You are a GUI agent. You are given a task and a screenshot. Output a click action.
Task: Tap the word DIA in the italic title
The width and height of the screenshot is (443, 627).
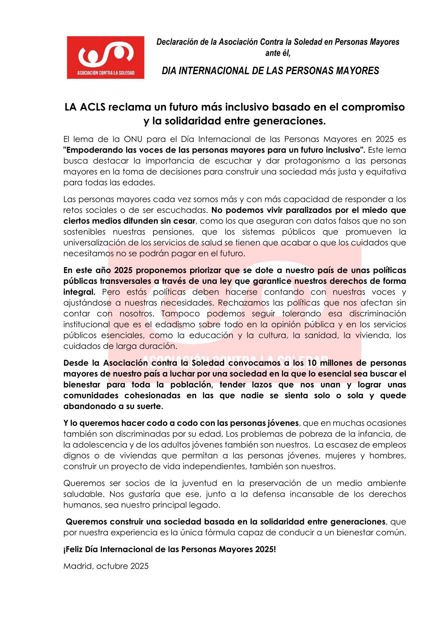(x=169, y=71)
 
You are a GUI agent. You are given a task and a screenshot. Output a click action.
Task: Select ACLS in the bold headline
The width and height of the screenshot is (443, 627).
(x=93, y=107)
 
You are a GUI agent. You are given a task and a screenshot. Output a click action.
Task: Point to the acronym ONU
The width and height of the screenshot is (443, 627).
(x=133, y=139)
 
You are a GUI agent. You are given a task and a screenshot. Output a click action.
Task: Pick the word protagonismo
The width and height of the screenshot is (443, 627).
(x=312, y=161)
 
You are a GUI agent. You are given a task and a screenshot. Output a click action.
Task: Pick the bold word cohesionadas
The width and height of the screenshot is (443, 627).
(x=152, y=395)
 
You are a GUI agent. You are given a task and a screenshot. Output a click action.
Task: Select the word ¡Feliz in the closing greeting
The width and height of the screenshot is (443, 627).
(x=73, y=549)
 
